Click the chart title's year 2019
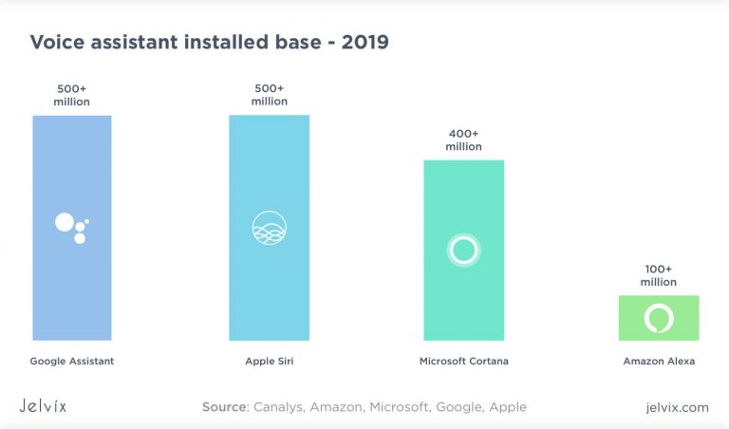tap(364, 43)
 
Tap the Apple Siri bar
tap(269, 285)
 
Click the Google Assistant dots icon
tap(71, 227)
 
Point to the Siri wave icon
tap(269, 228)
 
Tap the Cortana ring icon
tap(463, 250)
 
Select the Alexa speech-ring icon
tap(658, 318)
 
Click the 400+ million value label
tap(463, 140)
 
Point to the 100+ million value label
tap(659, 275)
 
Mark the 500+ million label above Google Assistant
tap(72, 94)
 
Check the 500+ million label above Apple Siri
tap(269, 94)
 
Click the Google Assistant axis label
tap(72, 362)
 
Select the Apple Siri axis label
tap(269, 362)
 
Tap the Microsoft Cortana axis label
tap(463, 362)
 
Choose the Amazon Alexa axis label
tap(659, 362)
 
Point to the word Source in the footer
tap(225, 407)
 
